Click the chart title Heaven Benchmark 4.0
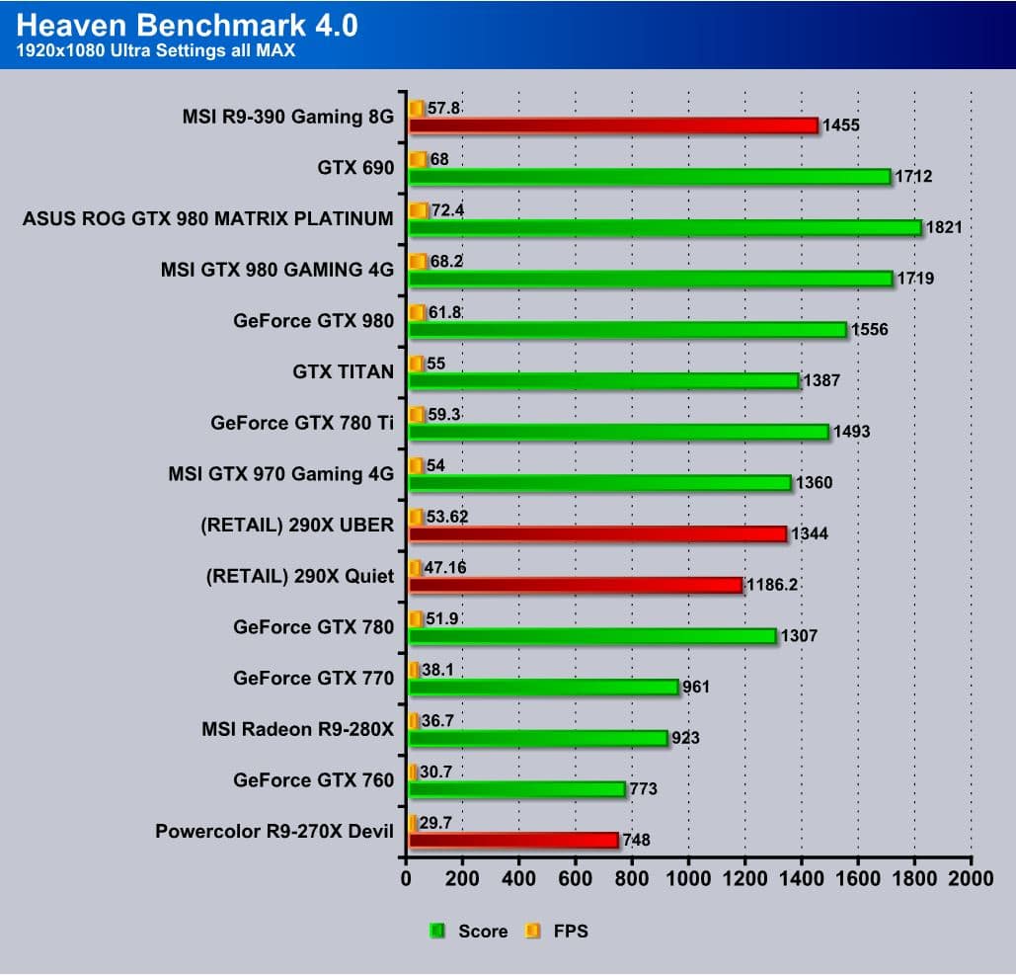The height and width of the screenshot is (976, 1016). coord(188,24)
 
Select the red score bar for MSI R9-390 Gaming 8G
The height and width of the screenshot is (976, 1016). coord(612,125)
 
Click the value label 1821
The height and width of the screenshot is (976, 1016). coord(943,227)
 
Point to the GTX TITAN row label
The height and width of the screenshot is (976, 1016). coord(344,371)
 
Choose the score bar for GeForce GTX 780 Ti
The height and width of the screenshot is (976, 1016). coord(618,432)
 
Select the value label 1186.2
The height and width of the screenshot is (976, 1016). coord(771,585)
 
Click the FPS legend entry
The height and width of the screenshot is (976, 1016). coord(558,931)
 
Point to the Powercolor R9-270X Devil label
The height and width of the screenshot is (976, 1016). coord(274,832)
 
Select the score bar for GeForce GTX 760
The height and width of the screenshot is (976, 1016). coord(516,789)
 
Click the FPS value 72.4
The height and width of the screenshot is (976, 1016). coord(449,210)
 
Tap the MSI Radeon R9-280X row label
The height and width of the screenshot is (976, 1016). coord(297,729)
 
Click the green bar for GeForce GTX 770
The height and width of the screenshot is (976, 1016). coord(543,687)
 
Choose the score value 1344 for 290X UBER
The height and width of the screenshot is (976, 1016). coord(814,533)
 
